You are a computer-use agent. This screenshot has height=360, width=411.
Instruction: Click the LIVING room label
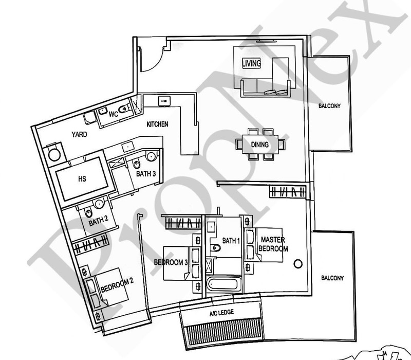251,63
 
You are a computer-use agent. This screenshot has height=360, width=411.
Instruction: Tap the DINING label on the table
260,145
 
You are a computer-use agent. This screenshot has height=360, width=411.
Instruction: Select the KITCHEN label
157,124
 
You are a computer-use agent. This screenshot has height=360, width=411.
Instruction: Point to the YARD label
79,134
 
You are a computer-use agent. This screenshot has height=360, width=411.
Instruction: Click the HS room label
82,179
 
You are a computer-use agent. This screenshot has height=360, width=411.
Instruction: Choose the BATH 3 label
146,174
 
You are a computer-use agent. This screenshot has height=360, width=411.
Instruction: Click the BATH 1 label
231,241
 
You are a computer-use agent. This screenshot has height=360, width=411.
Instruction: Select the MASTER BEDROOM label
273,244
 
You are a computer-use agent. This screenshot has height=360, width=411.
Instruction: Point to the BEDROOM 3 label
171,262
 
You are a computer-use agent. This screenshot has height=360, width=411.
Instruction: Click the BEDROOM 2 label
117,285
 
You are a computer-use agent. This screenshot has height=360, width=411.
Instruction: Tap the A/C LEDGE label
221,313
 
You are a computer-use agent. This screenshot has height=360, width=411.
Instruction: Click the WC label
114,114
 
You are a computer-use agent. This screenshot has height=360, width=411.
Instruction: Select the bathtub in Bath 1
223,284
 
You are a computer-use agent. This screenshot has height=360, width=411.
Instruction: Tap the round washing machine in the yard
54,155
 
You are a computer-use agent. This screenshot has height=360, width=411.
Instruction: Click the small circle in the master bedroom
298,264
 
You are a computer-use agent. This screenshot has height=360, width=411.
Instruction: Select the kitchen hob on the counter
164,101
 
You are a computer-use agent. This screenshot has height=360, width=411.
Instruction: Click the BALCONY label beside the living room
329,106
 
